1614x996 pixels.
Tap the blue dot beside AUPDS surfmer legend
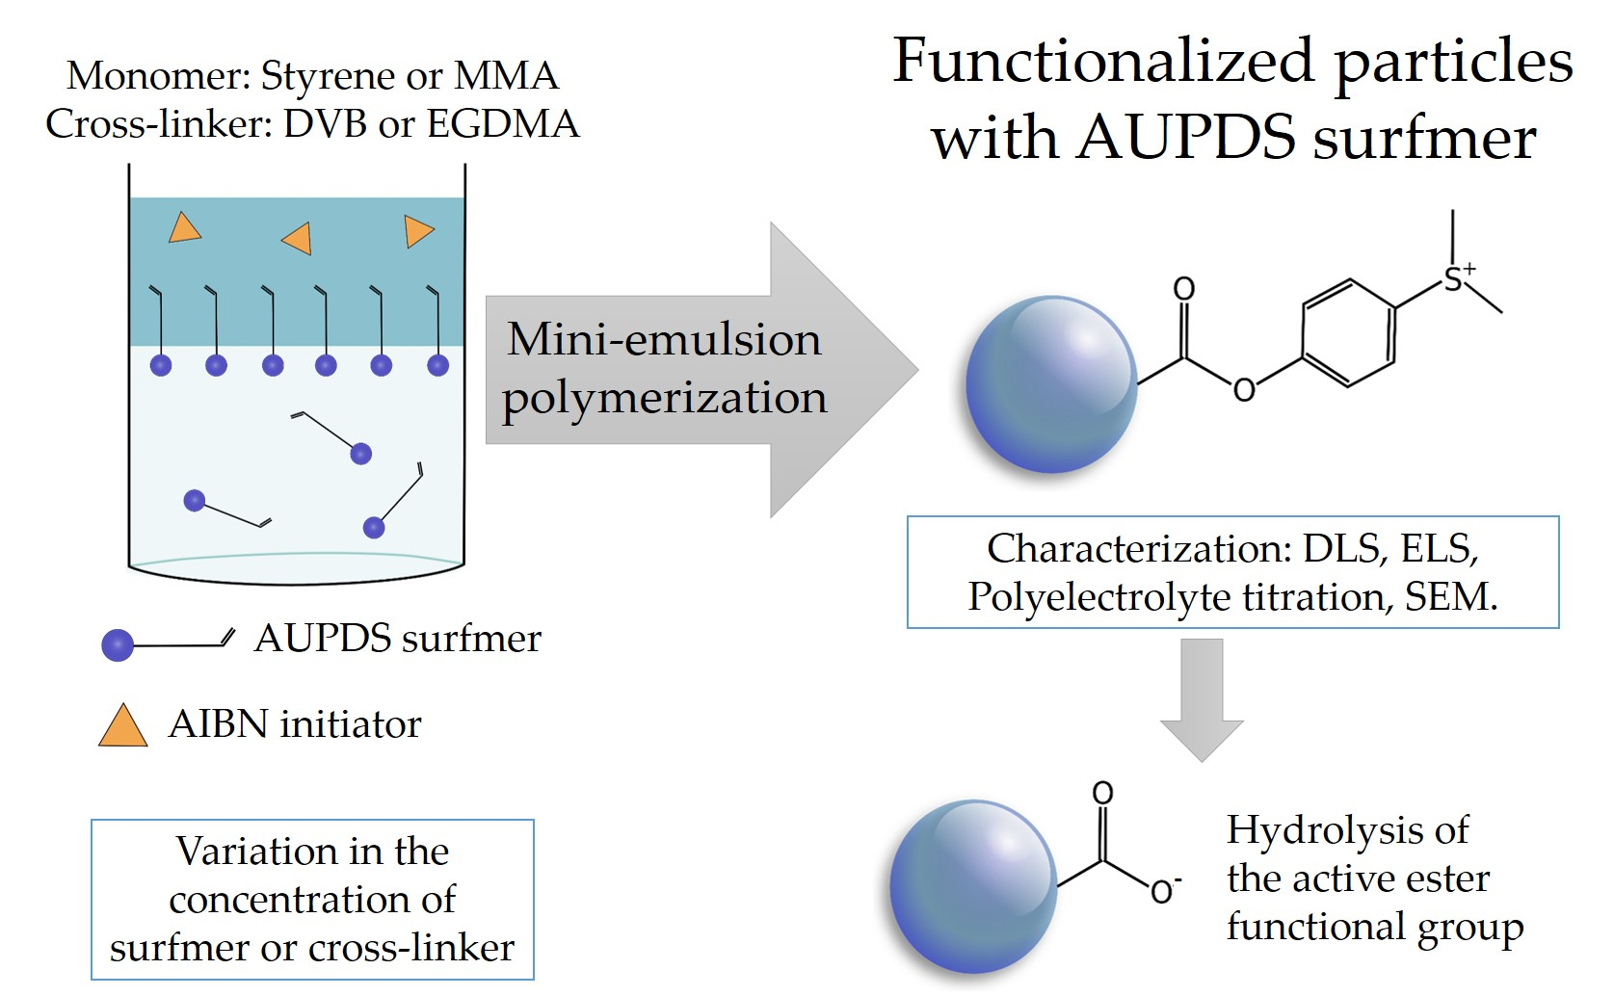click(x=118, y=644)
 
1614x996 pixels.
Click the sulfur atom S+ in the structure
click(x=1454, y=280)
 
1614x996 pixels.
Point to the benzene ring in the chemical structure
click(x=1348, y=333)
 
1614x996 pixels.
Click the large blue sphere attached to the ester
click(x=1051, y=384)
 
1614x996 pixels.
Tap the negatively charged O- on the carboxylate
click(x=1163, y=891)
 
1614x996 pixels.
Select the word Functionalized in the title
click(x=1103, y=61)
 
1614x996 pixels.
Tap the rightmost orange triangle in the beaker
click(x=418, y=232)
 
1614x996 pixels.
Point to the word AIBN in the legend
click(x=218, y=724)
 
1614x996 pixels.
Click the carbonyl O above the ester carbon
click(x=1183, y=288)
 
